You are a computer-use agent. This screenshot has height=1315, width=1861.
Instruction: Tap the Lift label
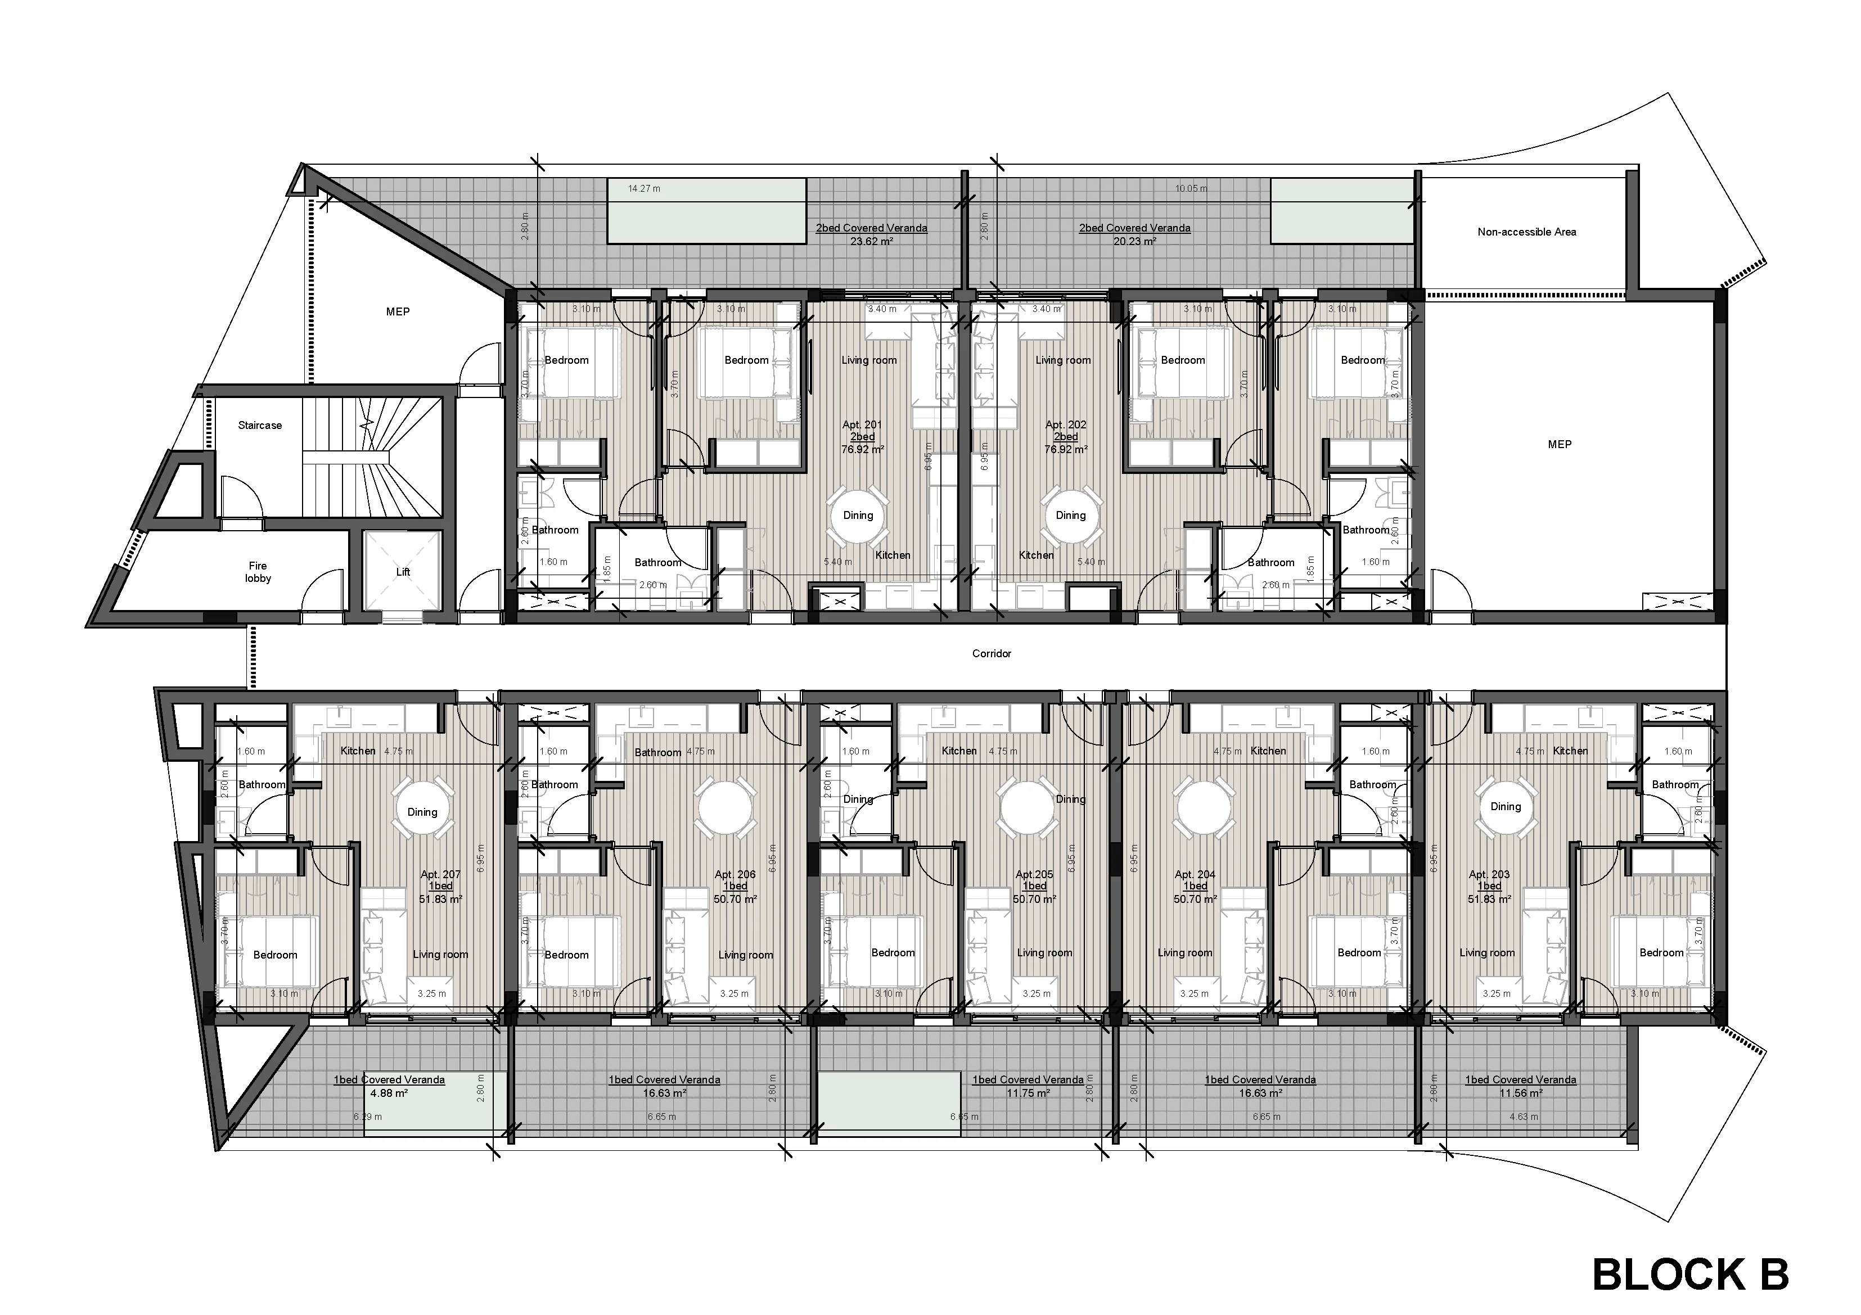tap(403, 572)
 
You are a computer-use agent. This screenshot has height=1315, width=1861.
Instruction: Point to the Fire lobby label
tap(258, 572)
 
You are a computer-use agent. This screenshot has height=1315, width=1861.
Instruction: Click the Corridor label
tap(992, 654)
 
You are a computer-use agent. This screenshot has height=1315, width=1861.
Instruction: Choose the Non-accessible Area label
tap(1526, 232)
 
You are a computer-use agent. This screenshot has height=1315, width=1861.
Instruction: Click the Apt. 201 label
tap(862, 424)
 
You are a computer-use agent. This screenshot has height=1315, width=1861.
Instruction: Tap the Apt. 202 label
tap(1065, 424)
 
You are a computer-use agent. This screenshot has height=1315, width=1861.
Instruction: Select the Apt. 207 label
tap(440, 875)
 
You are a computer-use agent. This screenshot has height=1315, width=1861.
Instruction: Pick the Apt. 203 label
tap(1489, 875)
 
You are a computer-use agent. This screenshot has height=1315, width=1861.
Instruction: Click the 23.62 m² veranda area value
tap(871, 241)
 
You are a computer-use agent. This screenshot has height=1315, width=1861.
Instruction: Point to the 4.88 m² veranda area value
tap(389, 1093)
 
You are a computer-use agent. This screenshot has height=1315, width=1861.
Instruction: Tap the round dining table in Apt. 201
tap(858, 516)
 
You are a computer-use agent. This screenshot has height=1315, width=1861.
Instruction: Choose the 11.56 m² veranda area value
tap(1521, 1093)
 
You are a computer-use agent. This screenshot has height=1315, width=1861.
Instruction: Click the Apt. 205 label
tap(1034, 875)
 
